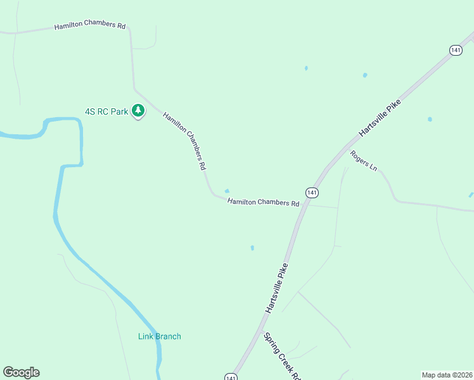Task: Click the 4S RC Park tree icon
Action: point(138,111)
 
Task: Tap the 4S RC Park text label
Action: point(106,111)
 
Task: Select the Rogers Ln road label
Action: point(364,161)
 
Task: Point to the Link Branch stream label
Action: point(160,336)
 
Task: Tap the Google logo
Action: point(21,372)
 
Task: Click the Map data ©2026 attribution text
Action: point(447,375)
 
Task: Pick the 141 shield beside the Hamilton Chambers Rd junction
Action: point(311,192)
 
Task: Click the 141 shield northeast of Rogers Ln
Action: point(456,50)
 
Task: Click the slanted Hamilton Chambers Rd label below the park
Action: point(185,141)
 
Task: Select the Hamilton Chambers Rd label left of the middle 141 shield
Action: point(263,203)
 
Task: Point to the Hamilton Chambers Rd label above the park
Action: point(90,26)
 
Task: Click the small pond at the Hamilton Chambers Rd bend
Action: point(227,191)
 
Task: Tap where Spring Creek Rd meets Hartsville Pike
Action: point(259,331)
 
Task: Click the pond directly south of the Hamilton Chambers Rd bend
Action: point(252,248)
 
